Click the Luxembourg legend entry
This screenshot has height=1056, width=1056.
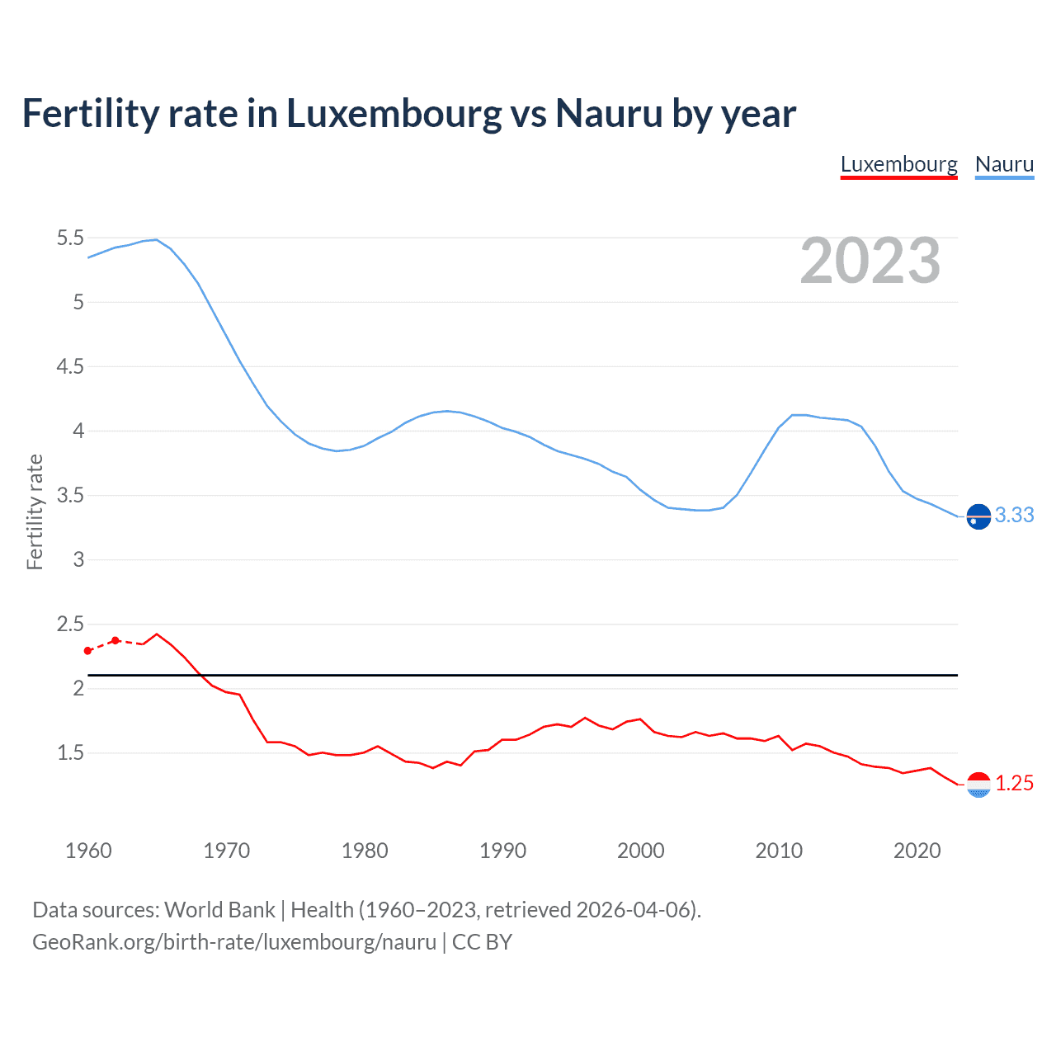point(898,164)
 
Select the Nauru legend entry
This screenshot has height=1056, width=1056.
point(1004,164)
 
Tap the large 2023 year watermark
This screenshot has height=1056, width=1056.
point(870,261)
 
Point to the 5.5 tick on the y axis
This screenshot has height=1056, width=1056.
point(70,238)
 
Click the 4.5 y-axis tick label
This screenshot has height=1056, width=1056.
point(70,367)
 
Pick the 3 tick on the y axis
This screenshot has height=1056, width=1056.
point(78,560)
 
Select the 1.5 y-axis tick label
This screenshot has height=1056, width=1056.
point(70,753)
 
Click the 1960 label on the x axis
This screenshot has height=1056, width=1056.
point(88,851)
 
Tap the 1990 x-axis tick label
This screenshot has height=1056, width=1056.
point(502,851)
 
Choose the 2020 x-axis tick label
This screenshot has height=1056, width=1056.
point(917,851)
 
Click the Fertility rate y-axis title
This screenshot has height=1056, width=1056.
point(35,511)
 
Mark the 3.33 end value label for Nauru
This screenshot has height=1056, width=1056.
point(1014,516)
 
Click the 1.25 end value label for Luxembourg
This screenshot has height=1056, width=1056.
point(1014,784)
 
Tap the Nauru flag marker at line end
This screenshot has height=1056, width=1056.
point(978,516)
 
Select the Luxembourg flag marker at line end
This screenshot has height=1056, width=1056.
point(978,785)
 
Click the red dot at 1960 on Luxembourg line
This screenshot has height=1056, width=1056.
point(88,651)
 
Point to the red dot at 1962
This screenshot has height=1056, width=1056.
point(115,640)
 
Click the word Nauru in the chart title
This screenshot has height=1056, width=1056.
point(609,114)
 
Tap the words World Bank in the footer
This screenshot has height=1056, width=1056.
point(219,910)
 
